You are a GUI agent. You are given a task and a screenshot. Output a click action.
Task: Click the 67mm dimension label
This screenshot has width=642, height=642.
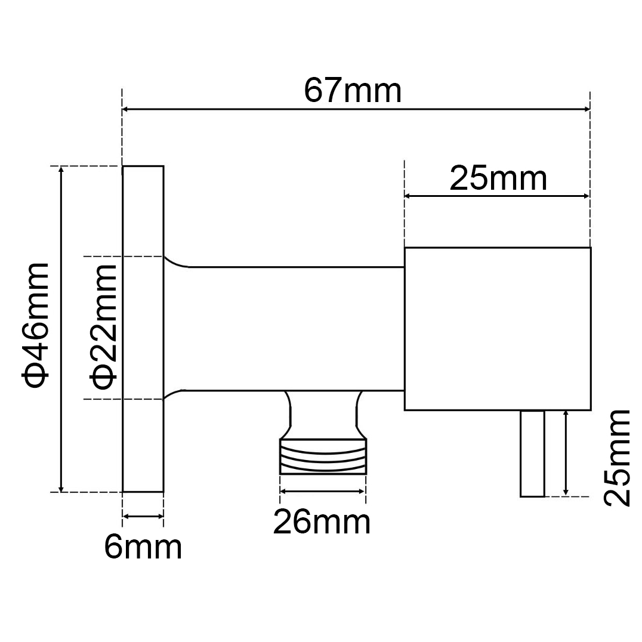(353, 91)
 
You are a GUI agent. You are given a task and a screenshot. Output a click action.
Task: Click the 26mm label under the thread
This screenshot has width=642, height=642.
(322, 523)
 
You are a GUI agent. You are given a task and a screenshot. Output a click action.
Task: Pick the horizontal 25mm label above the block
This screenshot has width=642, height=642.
(498, 178)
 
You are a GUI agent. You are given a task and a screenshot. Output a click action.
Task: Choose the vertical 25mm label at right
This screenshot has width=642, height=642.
(616, 458)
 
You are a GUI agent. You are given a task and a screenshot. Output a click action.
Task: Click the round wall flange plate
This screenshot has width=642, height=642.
(143, 329)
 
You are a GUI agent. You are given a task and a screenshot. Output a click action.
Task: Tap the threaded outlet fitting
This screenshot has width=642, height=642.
(323, 456)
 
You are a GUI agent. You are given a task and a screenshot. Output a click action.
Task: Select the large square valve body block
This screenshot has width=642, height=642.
(497, 329)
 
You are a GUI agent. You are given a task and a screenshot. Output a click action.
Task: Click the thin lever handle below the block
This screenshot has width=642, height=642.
(532, 453)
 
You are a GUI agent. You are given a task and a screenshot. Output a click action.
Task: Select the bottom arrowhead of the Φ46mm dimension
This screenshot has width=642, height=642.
(60, 487)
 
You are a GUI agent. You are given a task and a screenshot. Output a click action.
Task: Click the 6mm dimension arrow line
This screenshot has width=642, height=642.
(143, 517)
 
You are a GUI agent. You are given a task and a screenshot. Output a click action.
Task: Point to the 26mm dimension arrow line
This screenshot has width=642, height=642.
(322, 491)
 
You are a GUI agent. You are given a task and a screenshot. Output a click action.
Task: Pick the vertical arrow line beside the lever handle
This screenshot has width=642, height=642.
(566, 453)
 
